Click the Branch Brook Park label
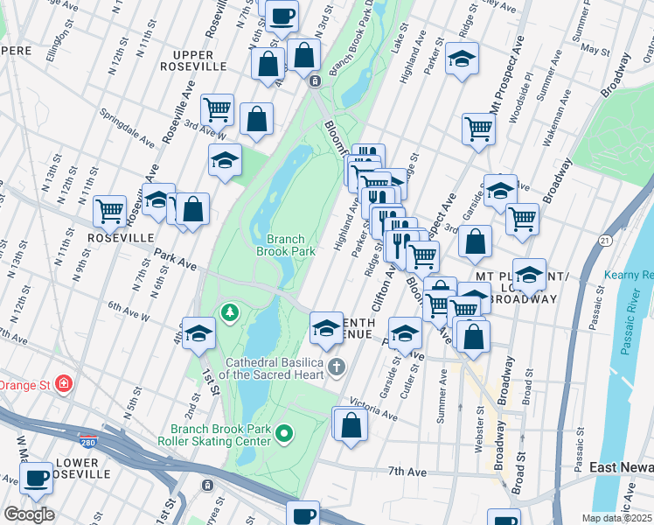[x=285, y=245]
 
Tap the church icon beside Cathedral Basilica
[x=337, y=366]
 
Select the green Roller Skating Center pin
[x=284, y=433]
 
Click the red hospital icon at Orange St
[x=62, y=383]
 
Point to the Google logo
[x=29, y=514]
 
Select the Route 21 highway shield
[x=605, y=240]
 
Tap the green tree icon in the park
[x=229, y=311]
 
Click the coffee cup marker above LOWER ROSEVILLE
[x=38, y=478]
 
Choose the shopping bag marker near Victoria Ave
[x=351, y=426]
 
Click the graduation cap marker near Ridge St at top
[x=461, y=59]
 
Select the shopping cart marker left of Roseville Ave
[x=109, y=211]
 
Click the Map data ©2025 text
[x=616, y=518]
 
